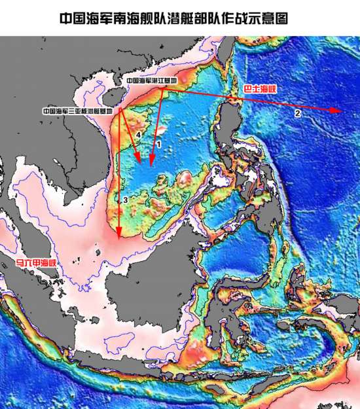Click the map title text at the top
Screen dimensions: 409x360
(x=173, y=18)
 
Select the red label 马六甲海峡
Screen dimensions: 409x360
(x=37, y=263)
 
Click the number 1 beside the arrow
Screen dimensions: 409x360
(x=158, y=143)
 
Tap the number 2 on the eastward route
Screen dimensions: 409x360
(x=298, y=114)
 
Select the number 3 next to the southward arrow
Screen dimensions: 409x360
(x=124, y=200)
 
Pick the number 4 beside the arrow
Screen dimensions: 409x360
(x=137, y=135)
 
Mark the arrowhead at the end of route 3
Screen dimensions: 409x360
(x=118, y=233)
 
